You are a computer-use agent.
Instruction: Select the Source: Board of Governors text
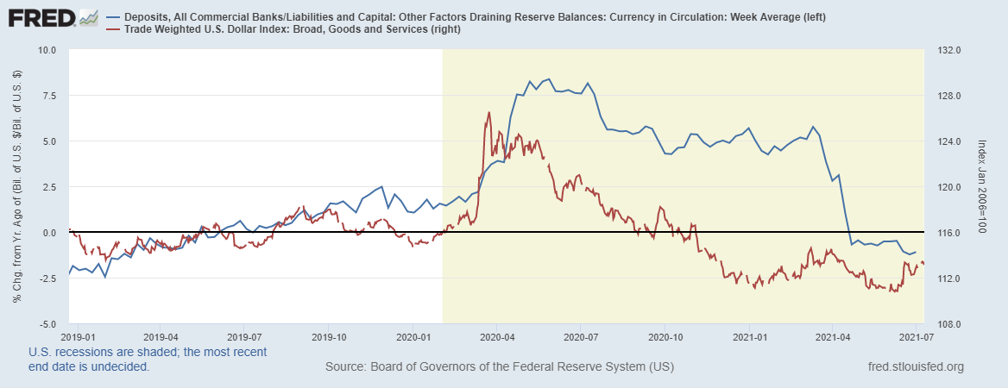[x=499, y=368]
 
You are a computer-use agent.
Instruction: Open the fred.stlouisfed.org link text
[x=914, y=368]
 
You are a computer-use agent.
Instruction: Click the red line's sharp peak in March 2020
[x=488, y=112]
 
